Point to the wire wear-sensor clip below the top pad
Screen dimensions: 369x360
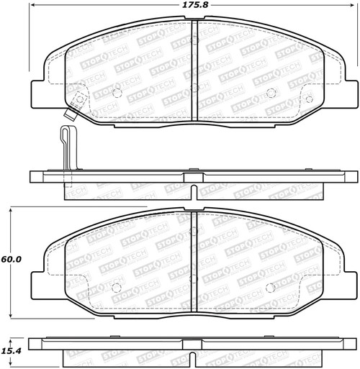66,147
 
